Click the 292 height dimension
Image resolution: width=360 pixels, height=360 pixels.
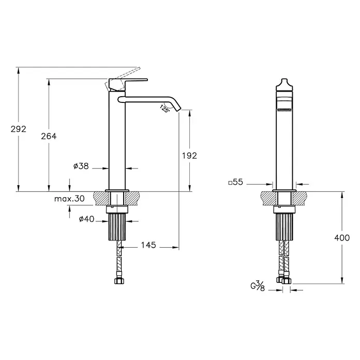point(19,129)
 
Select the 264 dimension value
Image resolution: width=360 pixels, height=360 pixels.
point(49,136)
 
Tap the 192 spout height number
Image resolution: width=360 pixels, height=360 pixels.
point(189,156)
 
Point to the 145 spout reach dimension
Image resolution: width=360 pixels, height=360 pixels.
point(148,245)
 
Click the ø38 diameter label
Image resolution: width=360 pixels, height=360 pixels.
point(81,166)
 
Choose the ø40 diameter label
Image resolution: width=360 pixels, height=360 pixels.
point(86,219)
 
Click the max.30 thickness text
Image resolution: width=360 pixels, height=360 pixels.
point(69,199)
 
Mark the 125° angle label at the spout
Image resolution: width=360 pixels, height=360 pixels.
point(164,109)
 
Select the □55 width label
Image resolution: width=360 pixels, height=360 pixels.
point(236,182)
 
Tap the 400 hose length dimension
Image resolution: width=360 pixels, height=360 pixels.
point(342,237)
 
